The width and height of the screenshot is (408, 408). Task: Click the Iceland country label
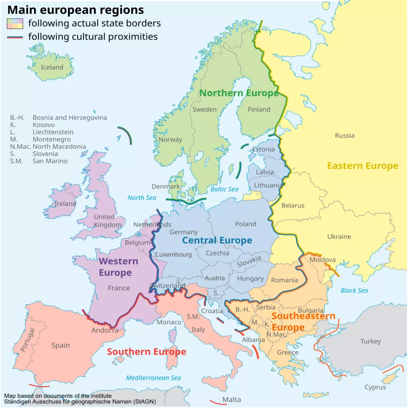click(52, 67)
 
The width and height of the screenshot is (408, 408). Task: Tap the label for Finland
click(259, 109)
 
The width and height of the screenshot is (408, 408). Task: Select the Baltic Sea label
click(224, 189)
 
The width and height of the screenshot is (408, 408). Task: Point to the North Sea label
click(142, 198)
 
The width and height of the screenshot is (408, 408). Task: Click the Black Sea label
click(354, 290)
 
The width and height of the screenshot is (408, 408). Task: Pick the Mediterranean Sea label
click(153, 378)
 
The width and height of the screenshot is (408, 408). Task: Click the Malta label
click(232, 399)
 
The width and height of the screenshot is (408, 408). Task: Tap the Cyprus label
click(375, 387)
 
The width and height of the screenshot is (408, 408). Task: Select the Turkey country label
click(370, 341)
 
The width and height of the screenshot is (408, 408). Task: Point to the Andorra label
click(105, 330)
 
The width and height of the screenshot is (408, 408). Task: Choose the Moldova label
click(322, 260)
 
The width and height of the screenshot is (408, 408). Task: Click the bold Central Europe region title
click(217, 240)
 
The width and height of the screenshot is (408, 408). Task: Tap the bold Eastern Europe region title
click(362, 166)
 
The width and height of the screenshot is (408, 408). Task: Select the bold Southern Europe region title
click(146, 352)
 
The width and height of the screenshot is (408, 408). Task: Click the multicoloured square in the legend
click(15, 23)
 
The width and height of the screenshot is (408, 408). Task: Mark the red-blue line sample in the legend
click(15, 37)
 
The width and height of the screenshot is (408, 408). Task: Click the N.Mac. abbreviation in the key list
click(20, 146)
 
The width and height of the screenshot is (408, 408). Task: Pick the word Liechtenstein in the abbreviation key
click(53, 132)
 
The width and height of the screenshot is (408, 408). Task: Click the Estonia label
click(264, 149)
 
